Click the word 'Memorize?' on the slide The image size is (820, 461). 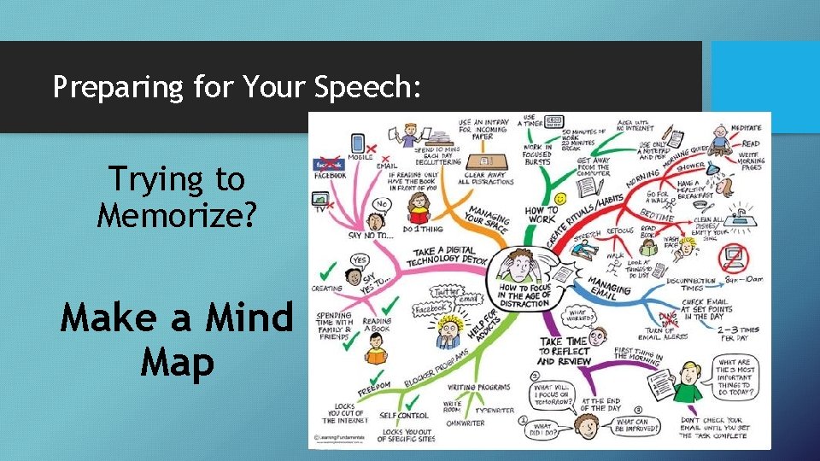click(x=176, y=215)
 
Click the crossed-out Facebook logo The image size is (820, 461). click(x=328, y=162)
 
